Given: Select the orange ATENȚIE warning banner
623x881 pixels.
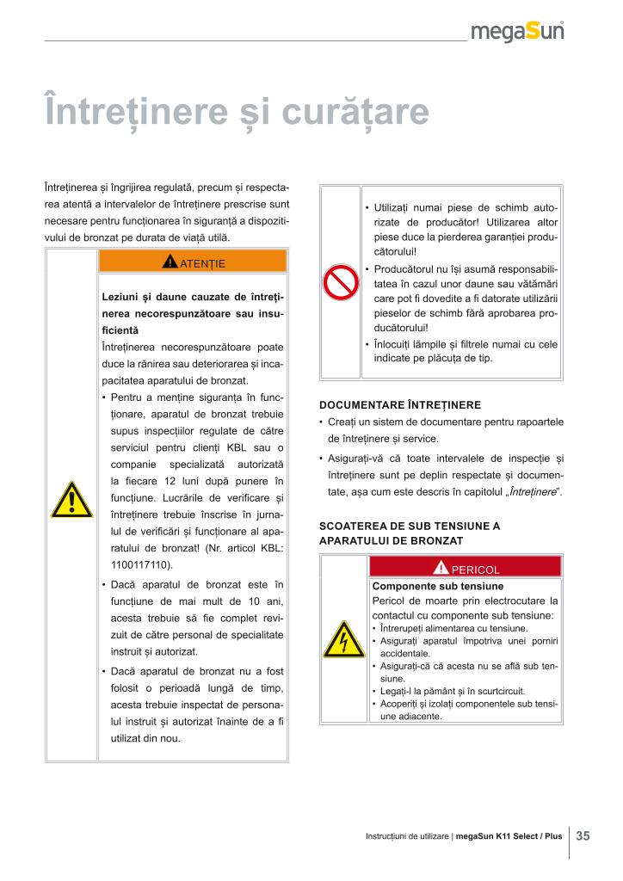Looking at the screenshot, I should point(193,262).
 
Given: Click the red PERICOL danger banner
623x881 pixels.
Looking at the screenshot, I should point(465,567).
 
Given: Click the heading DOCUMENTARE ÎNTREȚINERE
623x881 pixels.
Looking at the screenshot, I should point(399,404).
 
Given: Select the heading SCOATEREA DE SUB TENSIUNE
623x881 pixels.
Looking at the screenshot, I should point(409,525).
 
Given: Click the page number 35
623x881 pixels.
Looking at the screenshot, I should point(583,836).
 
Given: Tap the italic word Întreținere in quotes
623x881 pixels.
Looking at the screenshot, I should point(531,491).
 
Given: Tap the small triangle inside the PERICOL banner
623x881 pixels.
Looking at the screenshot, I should point(441,567).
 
